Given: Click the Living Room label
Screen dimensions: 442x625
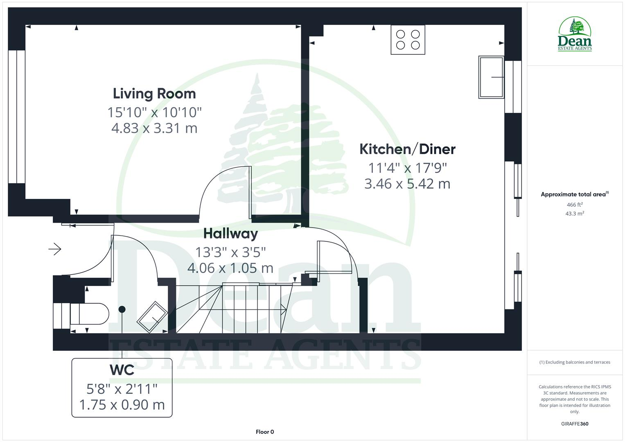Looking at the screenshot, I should pos(154,94).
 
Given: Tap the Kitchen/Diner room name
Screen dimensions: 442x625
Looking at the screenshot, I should pos(407,149).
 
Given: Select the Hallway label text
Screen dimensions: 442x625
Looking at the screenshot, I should pos(230,234).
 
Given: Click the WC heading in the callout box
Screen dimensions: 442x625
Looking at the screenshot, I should pos(122,370).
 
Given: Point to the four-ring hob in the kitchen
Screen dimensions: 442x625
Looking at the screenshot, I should pos(408,40).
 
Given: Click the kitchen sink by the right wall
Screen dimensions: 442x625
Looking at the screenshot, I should pos(491,77).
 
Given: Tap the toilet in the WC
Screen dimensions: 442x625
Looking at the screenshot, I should pos(89,314).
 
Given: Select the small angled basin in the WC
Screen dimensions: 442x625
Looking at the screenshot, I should pos(151,317).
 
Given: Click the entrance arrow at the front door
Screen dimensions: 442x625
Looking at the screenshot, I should pos(55,249).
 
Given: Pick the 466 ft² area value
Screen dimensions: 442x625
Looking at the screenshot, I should pos(575,205).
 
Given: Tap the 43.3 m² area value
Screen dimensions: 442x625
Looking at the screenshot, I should pos(575,214).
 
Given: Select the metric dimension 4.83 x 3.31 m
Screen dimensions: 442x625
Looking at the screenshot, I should pos(154,128).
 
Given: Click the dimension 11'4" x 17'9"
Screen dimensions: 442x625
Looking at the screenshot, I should pos(407,168).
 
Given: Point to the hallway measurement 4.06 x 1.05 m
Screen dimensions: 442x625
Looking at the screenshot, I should pos(230,268).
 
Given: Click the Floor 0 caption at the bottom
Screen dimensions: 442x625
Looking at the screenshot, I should pos(265,432).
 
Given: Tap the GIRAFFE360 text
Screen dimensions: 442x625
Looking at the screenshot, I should pos(575,424).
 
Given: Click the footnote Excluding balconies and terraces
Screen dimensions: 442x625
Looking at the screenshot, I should pos(575,362).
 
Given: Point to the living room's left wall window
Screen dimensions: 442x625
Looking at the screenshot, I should pos(17,117).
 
